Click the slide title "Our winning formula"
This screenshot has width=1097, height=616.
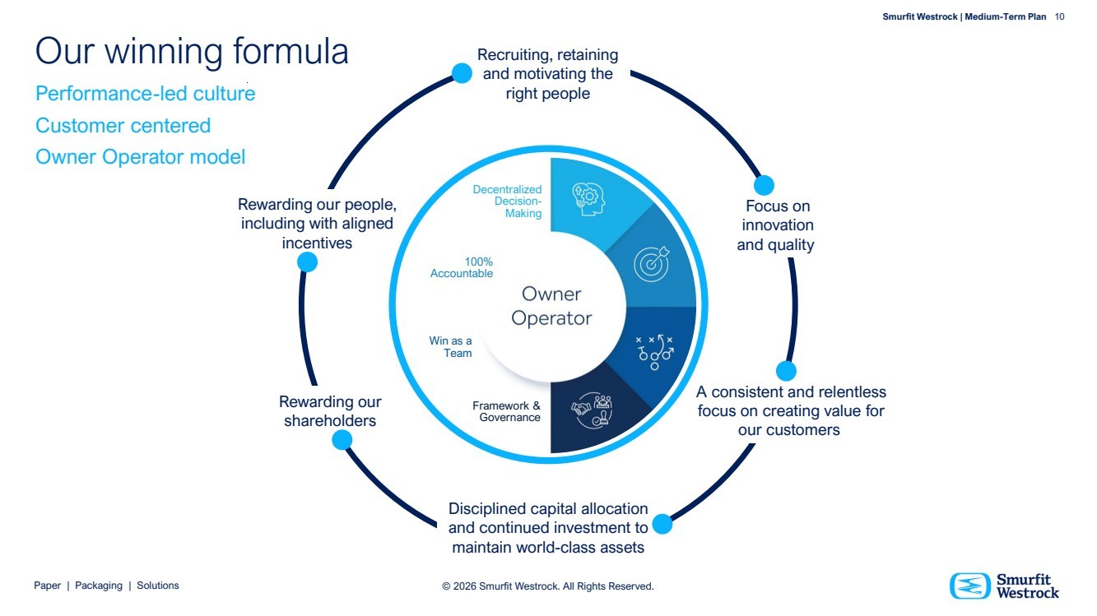192,51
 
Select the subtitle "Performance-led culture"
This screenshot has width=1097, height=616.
146,94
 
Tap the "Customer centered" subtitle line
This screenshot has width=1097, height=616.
123,126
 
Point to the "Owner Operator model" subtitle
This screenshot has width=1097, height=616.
141,157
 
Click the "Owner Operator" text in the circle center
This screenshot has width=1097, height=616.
551,306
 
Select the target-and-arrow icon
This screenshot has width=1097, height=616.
650,264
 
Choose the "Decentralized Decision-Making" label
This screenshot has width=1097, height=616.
508,201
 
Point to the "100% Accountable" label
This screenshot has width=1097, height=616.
462,268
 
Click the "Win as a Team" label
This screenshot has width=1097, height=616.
451,347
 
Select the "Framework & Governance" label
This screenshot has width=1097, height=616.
507,411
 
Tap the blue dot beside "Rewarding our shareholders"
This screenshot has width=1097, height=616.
342,441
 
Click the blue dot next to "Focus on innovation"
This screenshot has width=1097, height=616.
764,185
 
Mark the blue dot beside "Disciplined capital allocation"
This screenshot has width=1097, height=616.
662,524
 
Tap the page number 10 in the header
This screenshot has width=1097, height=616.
1059,16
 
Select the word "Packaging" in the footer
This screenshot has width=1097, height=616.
99,586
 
